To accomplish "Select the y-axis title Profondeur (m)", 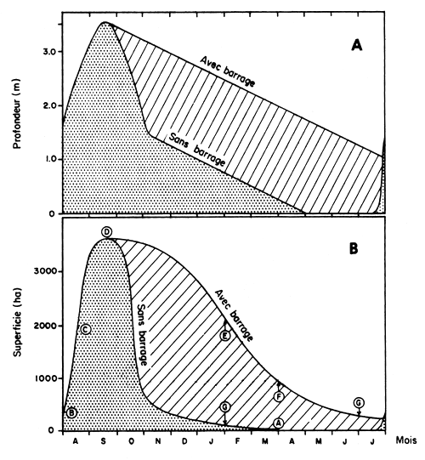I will [x=17, y=115].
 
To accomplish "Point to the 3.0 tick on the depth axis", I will [x=49, y=53].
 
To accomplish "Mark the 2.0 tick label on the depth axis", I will [x=49, y=106].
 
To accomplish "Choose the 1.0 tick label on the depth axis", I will [x=49, y=160].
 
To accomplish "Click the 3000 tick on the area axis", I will [x=44, y=271].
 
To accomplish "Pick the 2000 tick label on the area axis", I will [x=44, y=326].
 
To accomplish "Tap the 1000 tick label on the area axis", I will [x=44, y=379].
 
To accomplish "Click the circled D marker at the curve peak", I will [x=106, y=232].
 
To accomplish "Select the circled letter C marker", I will [x=85, y=329].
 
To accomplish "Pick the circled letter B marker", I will [x=72, y=412].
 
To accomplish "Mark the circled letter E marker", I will [x=225, y=336].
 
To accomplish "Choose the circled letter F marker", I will [x=280, y=396].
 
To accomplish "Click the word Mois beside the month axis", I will [x=405, y=442].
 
